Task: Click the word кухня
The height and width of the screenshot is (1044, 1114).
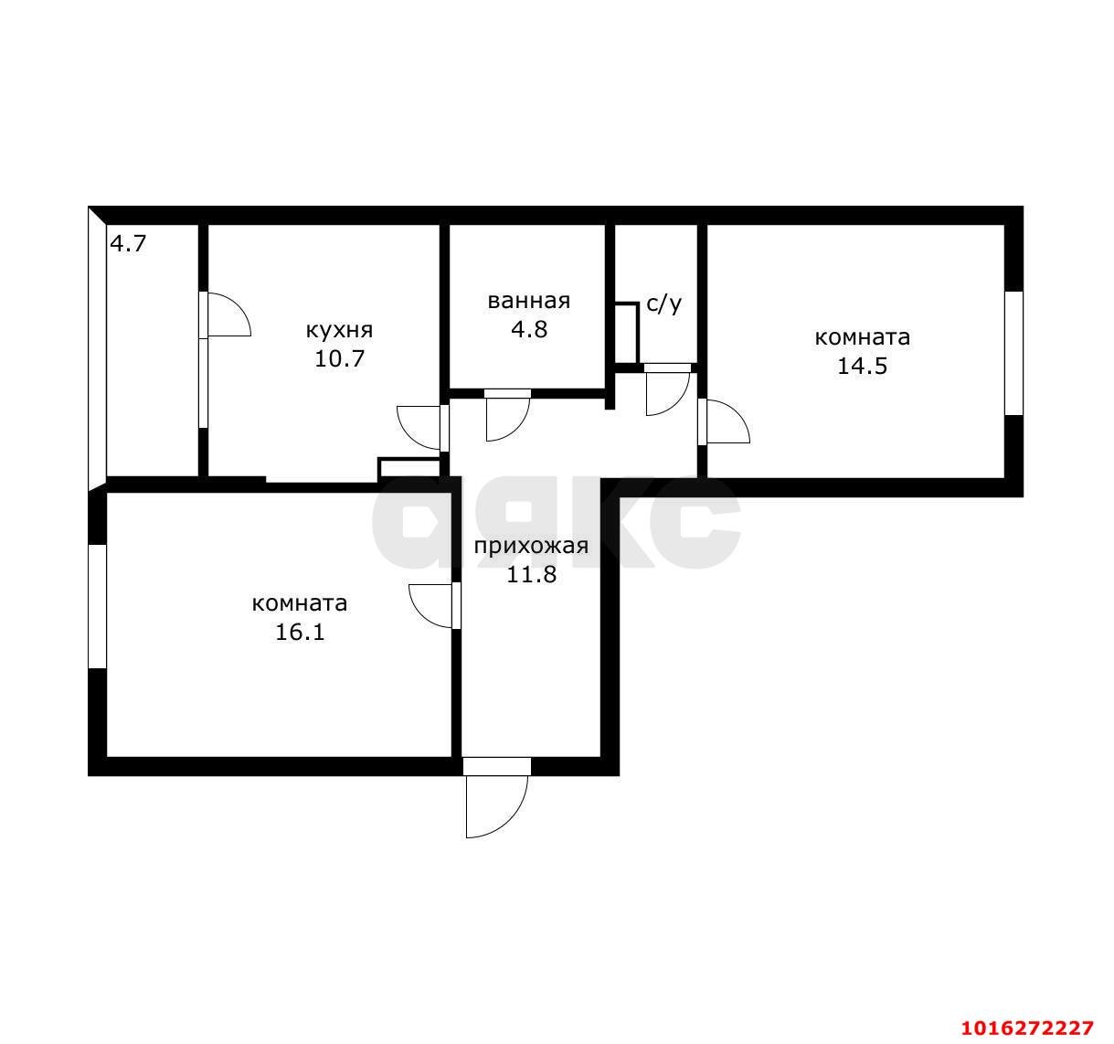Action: (x=339, y=330)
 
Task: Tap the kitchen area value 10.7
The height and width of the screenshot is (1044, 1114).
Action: (x=339, y=358)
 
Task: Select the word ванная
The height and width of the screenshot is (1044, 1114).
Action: (x=528, y=302)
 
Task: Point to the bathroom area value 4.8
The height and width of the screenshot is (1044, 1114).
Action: (x=529, y=329)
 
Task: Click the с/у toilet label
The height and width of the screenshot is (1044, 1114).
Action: (x=663, y=304)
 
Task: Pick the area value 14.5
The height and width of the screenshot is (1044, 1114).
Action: (x=862, y=366)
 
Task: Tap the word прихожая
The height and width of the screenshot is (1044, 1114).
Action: (x=531, y=546)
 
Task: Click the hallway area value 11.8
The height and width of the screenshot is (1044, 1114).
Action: (x=531, y=575)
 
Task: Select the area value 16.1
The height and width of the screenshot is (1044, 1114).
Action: (x=300, y=633)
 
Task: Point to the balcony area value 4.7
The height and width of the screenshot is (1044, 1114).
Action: (x=128, y=243)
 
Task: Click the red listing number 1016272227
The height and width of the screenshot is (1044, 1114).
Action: (x=1027, y=1028)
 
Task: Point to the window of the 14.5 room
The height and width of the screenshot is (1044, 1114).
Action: (x=1013, y=353)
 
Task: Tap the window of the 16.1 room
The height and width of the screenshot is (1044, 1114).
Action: (x=97, y=606)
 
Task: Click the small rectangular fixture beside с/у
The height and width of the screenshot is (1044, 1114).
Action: (x=627, y=333)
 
